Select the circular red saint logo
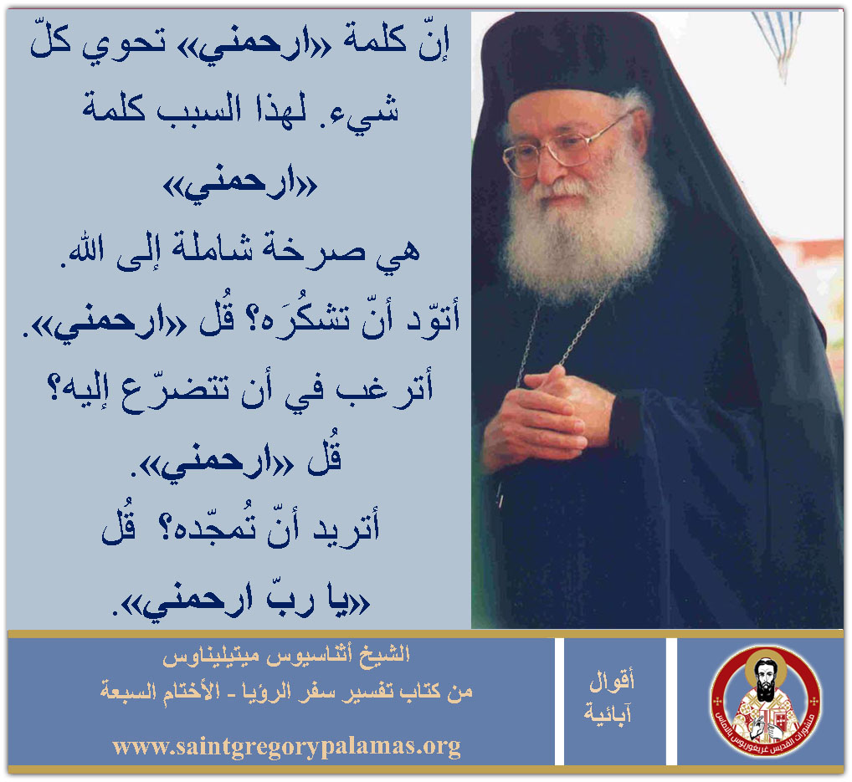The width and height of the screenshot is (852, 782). click(766, 702)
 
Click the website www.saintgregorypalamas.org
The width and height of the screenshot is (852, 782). click(286, 747)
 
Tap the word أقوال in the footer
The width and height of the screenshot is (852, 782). click(613, 680)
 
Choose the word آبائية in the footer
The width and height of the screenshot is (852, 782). click(608, 713)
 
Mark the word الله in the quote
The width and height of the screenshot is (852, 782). click(88, 251)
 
